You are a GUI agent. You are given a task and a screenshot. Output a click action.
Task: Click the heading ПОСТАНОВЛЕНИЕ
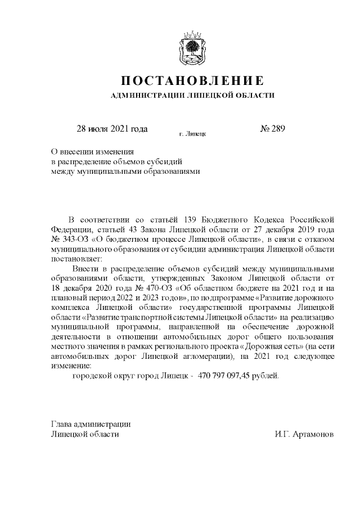click(193, 79)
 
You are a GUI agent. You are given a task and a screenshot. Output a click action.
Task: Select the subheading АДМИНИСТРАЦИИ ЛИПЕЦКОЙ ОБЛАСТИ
click(193, 95)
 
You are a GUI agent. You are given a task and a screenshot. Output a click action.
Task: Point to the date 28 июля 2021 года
click(112, 128)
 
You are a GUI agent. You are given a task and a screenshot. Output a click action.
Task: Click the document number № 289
click(273, 128)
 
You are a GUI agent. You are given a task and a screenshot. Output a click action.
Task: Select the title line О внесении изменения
click(92, 151)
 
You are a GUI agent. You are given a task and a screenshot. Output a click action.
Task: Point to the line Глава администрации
click(91, 424)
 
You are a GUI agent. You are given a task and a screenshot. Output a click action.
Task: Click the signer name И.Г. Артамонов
click(304, 435)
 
